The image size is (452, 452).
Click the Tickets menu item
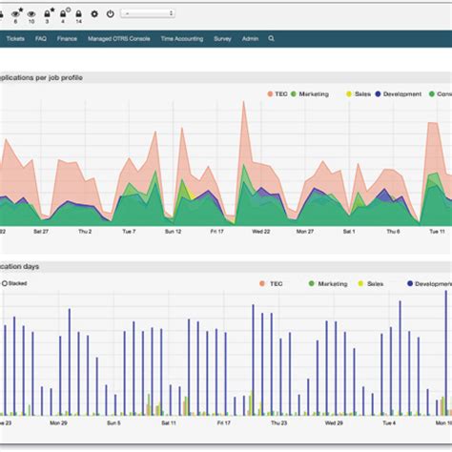click(14, 39)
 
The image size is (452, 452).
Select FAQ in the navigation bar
click(41, 39)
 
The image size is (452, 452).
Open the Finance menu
click(67, 39)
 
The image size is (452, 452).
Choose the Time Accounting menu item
click(181, 39)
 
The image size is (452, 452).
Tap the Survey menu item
click(222, 39)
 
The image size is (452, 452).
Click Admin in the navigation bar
click(250, 39)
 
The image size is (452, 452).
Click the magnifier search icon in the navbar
click(272, 39)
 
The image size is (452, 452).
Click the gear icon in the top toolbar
click(93, 14)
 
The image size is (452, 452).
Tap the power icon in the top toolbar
click(110, 14)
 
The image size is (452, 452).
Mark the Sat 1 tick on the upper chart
click(348, 231)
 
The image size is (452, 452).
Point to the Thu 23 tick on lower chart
click(277, 421)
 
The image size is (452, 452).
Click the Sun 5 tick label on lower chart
click(113, 421)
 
